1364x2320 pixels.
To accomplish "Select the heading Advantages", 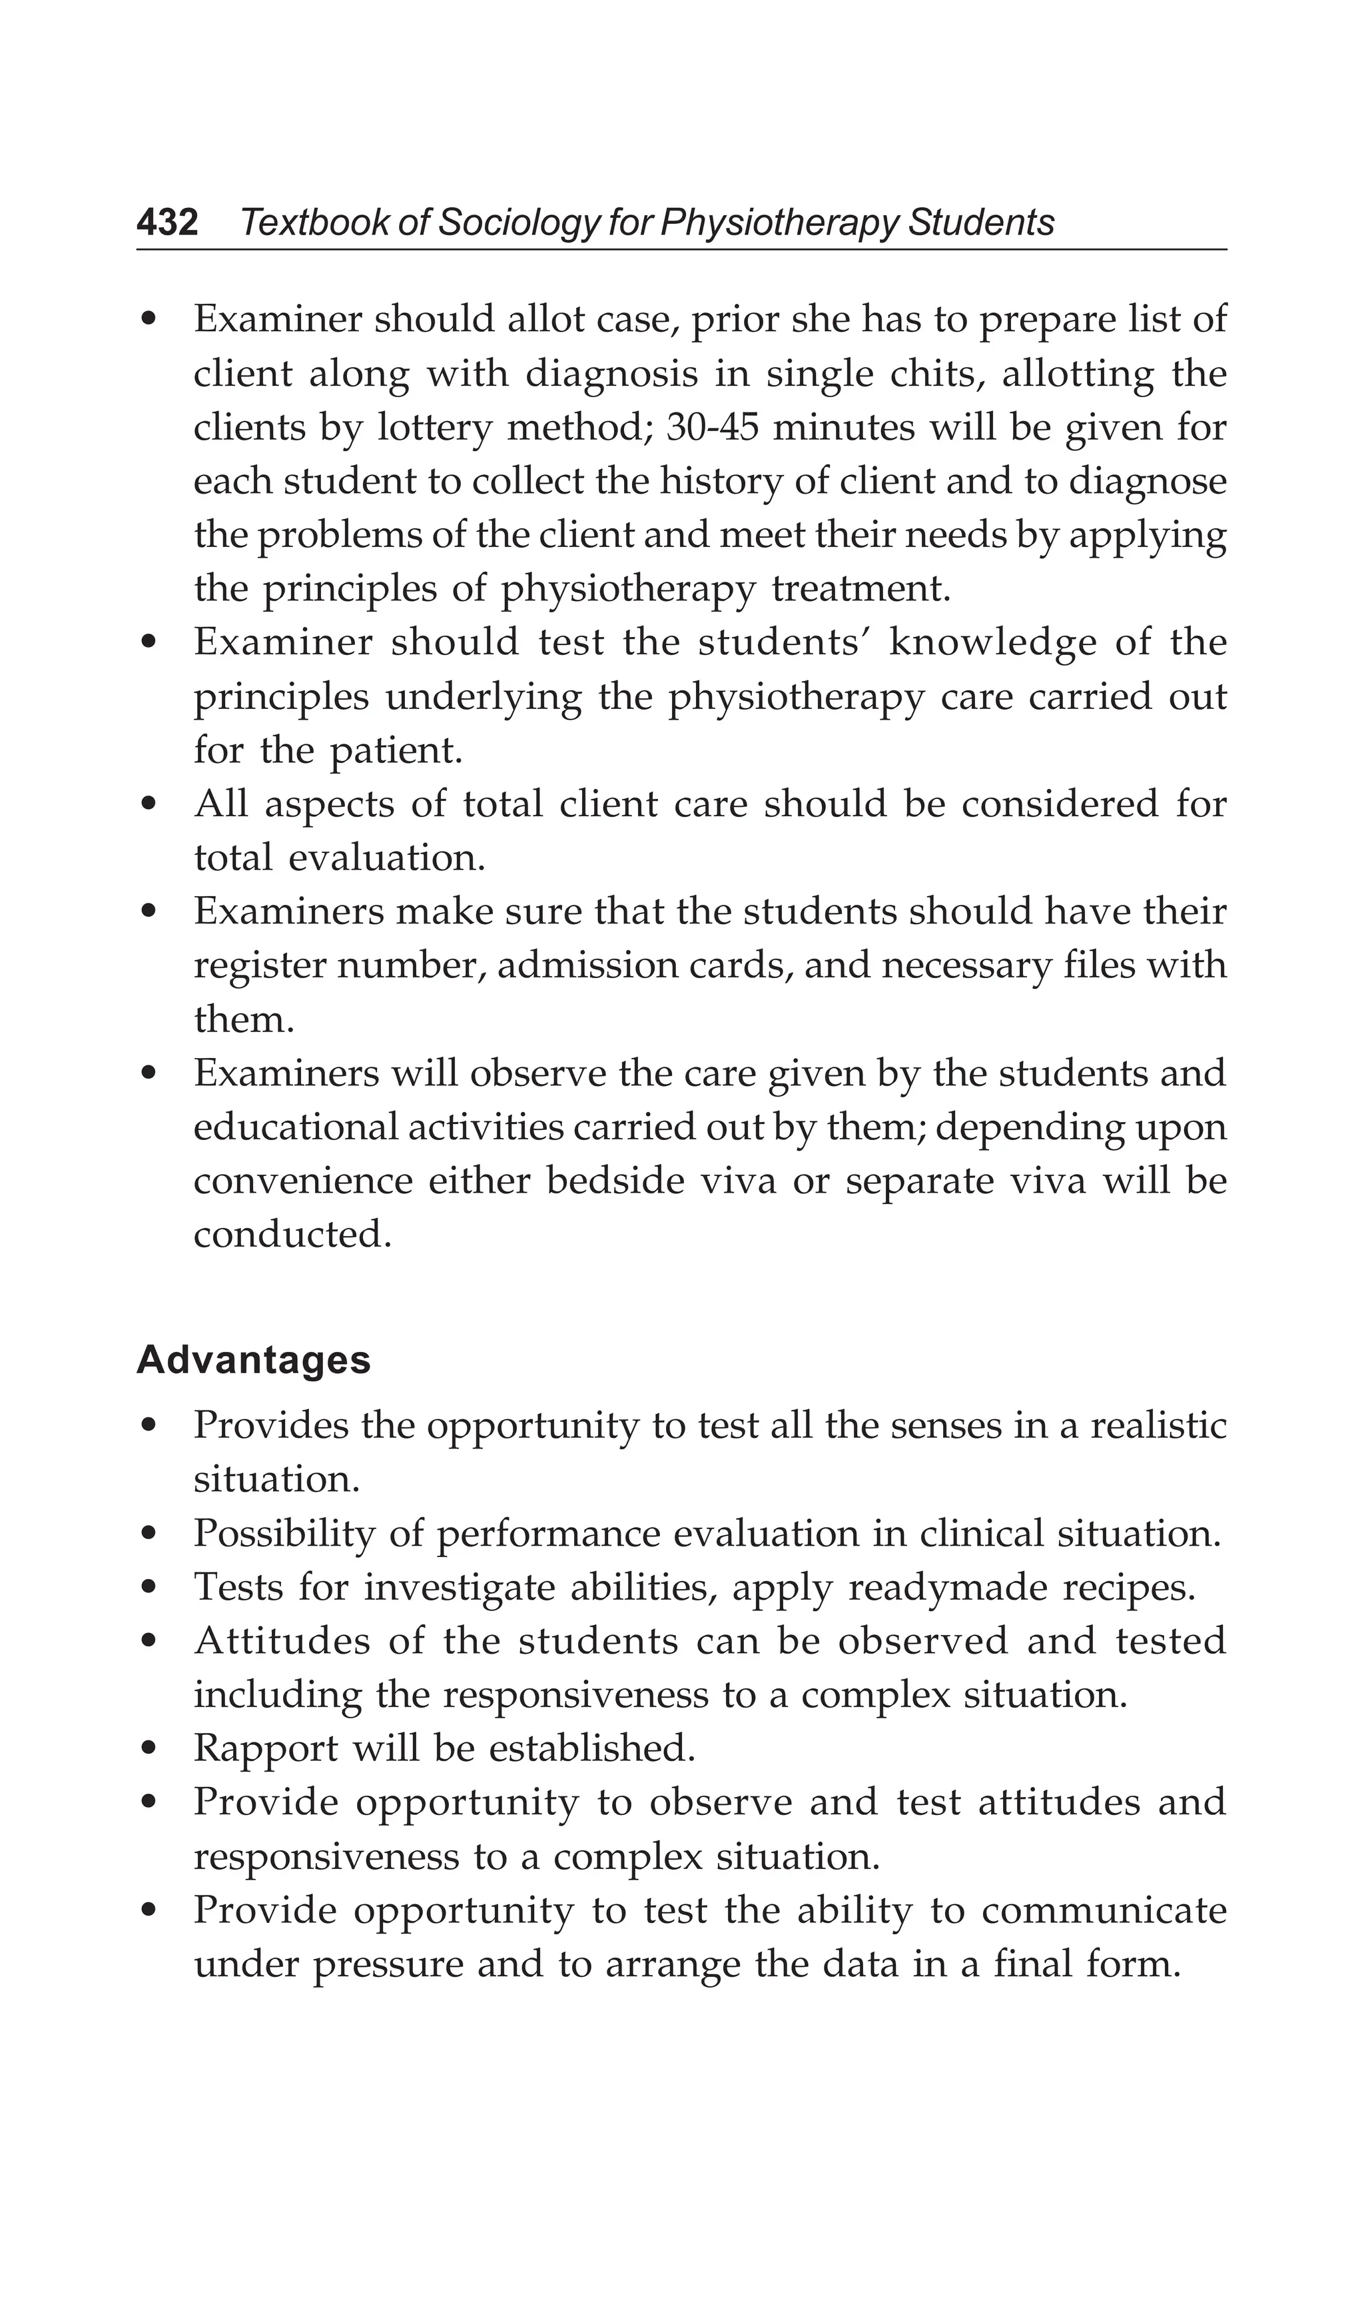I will [253, 1360].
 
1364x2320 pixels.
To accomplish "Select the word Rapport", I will [264, 1748].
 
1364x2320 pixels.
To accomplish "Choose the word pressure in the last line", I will [386, 1966].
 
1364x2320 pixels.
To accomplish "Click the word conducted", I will [292, 1235].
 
